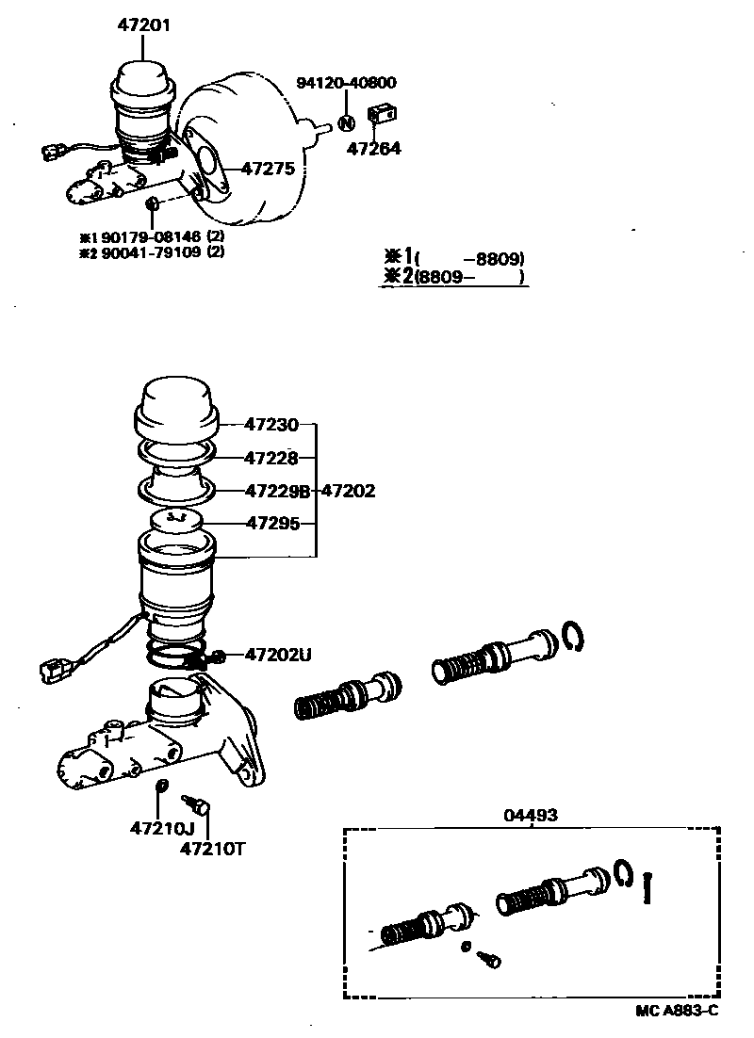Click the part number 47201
tap(144, 26)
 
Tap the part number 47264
tap(373, 148)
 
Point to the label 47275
tap(269, 169)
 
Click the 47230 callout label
tap(271, 425)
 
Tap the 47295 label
tap(271, 522)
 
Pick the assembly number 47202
tap(349, 491)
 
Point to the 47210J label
tap(162, 829)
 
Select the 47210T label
tap(213, 847)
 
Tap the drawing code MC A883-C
tap(677, 1011)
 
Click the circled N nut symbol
tap(346, 123)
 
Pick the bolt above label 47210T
tap(199, 805)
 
